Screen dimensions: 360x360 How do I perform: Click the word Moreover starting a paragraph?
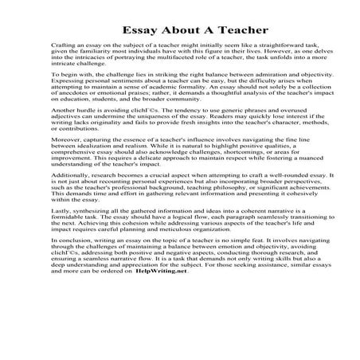pyautogui.click(x=66, y=166)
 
